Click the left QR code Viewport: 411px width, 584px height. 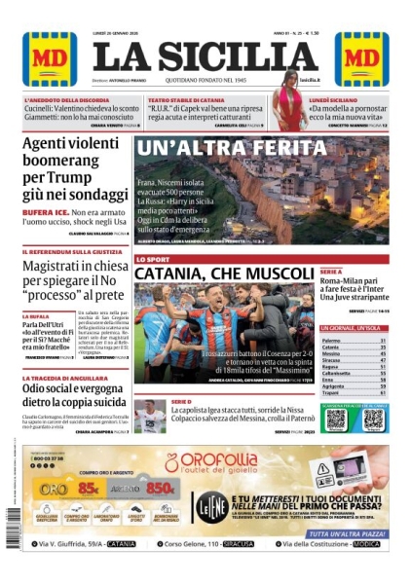pyautogui.click(x=336, y=420)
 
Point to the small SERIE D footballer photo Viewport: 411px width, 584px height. pyautogui.click(x=149, y=416)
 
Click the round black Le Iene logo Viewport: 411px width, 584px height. pyautogui.click(x=216, y=504)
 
